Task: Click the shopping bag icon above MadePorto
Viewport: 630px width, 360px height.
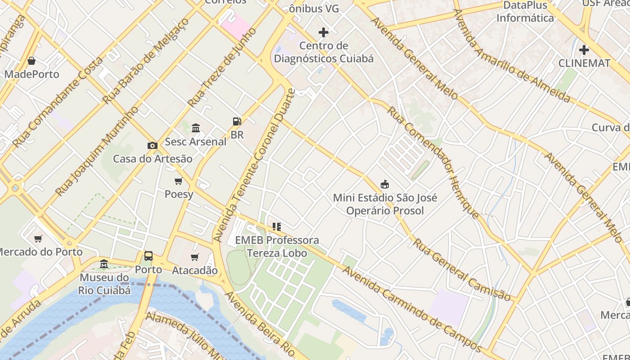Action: pos(31,61)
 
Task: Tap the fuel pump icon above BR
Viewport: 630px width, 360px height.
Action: pos(237,121)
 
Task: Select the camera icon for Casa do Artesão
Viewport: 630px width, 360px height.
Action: pos(153,145)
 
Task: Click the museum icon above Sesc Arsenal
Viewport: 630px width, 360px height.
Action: pos(196,128)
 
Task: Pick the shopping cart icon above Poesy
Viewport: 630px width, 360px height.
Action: pos(179,181)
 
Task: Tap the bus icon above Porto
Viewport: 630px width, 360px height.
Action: pos(148,256)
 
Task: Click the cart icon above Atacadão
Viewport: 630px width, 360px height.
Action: pos(195,257)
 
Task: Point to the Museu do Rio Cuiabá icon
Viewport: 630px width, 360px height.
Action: pos(104,264)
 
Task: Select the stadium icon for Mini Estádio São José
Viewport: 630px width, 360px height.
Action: pos(385,184)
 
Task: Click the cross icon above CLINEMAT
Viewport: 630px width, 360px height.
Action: pos(584,49)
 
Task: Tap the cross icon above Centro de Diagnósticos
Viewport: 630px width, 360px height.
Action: pos(323,32)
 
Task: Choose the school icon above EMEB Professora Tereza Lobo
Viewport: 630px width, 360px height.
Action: pos(277,227)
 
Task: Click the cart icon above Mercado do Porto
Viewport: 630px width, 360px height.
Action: pos(38,238)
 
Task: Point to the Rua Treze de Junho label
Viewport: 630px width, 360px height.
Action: pos(222,67)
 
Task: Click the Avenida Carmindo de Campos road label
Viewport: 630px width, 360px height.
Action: pos(412,309)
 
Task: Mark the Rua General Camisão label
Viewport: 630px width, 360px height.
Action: pos(462,270)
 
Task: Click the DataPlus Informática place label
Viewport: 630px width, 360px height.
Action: pos(525,12)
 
